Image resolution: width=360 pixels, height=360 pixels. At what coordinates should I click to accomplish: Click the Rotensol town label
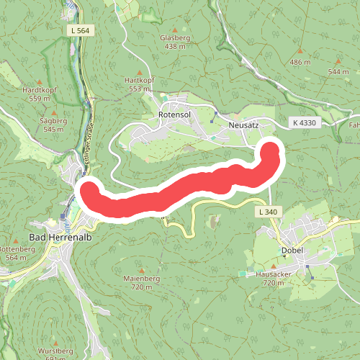point(173,114)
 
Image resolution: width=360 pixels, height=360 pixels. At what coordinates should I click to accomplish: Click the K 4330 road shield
point(304,123)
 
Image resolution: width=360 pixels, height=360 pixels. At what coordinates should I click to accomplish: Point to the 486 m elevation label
point(300,63)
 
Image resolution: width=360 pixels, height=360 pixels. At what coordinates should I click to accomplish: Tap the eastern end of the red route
point(271,149)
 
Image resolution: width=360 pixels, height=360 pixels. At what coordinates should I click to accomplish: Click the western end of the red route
point(90,192)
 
